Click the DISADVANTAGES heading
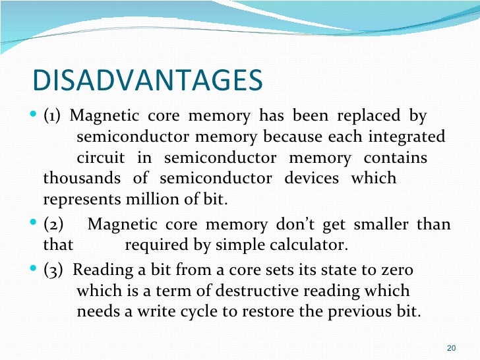pos(147,80)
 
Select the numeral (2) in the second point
pos(53,225)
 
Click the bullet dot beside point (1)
pos(36,117)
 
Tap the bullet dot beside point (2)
pos(36,225)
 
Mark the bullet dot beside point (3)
pos(36,270)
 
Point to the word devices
pos(311,178)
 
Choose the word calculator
pos(310,245)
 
